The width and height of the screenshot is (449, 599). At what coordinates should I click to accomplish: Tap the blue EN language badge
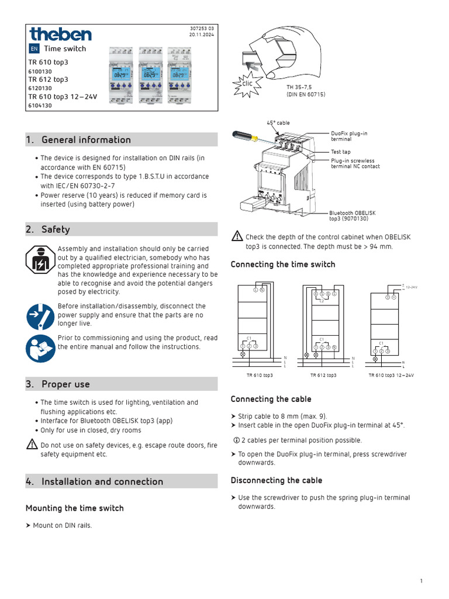[x=34, y=49]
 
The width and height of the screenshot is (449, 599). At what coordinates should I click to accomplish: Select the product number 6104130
[x=40, y=106]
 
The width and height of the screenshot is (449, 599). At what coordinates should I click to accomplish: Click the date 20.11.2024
[x=202, y=35]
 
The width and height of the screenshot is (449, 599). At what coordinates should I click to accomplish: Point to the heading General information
[x=86, y=140]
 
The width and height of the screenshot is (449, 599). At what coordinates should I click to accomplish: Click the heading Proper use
[x=65, y=384]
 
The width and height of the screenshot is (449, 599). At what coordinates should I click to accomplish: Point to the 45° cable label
[x=278, y=123]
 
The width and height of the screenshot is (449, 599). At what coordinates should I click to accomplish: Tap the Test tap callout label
[x=341, y=152]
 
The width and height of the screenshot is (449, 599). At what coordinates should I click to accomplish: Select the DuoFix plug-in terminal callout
[x=349, y=136]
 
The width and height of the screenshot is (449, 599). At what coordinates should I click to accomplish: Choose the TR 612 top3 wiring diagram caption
[x=323, y=375]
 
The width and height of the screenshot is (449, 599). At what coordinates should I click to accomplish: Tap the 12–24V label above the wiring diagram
[x=412, y=287]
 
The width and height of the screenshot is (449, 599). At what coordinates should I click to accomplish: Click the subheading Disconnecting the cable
[x=276, y=480]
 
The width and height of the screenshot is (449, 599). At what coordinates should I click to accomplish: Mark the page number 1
[x=421, y=580]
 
